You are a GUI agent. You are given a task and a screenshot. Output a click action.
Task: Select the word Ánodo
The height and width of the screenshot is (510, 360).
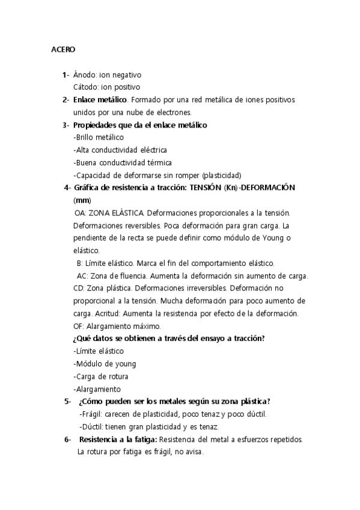(84, 75)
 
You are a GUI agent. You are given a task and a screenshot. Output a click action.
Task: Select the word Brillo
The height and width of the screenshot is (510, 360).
(85, 138)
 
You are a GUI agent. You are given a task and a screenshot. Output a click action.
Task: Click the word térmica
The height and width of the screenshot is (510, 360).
(157, 163)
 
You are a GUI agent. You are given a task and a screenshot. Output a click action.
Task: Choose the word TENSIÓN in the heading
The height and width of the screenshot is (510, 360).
(206, 188)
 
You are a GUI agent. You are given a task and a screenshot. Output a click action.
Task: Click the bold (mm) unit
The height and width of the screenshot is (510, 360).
(82, 200)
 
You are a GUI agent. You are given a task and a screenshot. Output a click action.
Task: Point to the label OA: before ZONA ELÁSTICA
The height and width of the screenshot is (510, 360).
(80, 213)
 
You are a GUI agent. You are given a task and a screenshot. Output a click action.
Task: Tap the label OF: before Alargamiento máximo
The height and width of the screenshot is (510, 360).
(79, 326)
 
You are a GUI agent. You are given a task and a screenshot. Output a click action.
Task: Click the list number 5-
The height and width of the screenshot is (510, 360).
(67, 402)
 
